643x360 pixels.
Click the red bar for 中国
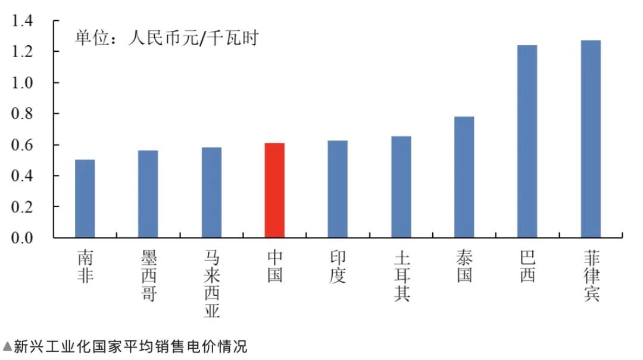click(x=274, y=190)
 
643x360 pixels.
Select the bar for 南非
click(x=85, y=199)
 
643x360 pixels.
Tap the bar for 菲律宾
click(x=591, y=139)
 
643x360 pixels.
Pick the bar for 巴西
click(x=527, y=142)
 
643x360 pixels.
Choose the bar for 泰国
click(x=464, y=177)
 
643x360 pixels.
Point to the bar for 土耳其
click(x=401, y=187)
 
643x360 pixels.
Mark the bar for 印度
click(x=338, y=189)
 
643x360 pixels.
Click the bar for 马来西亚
click(x=211, y=193)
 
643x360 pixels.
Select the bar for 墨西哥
click(x=148, y=194)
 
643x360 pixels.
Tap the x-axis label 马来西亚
click(x=211, y=284)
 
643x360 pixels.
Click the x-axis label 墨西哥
click(x=148, y=276)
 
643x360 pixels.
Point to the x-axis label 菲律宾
click(x=591, y=276)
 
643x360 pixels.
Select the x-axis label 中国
click(x=274, y=267)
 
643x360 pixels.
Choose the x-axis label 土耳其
click(x=401, y=276)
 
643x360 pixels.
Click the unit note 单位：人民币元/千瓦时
click(x=166, y=39)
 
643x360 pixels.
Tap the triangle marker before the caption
click(x=7, y=346)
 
